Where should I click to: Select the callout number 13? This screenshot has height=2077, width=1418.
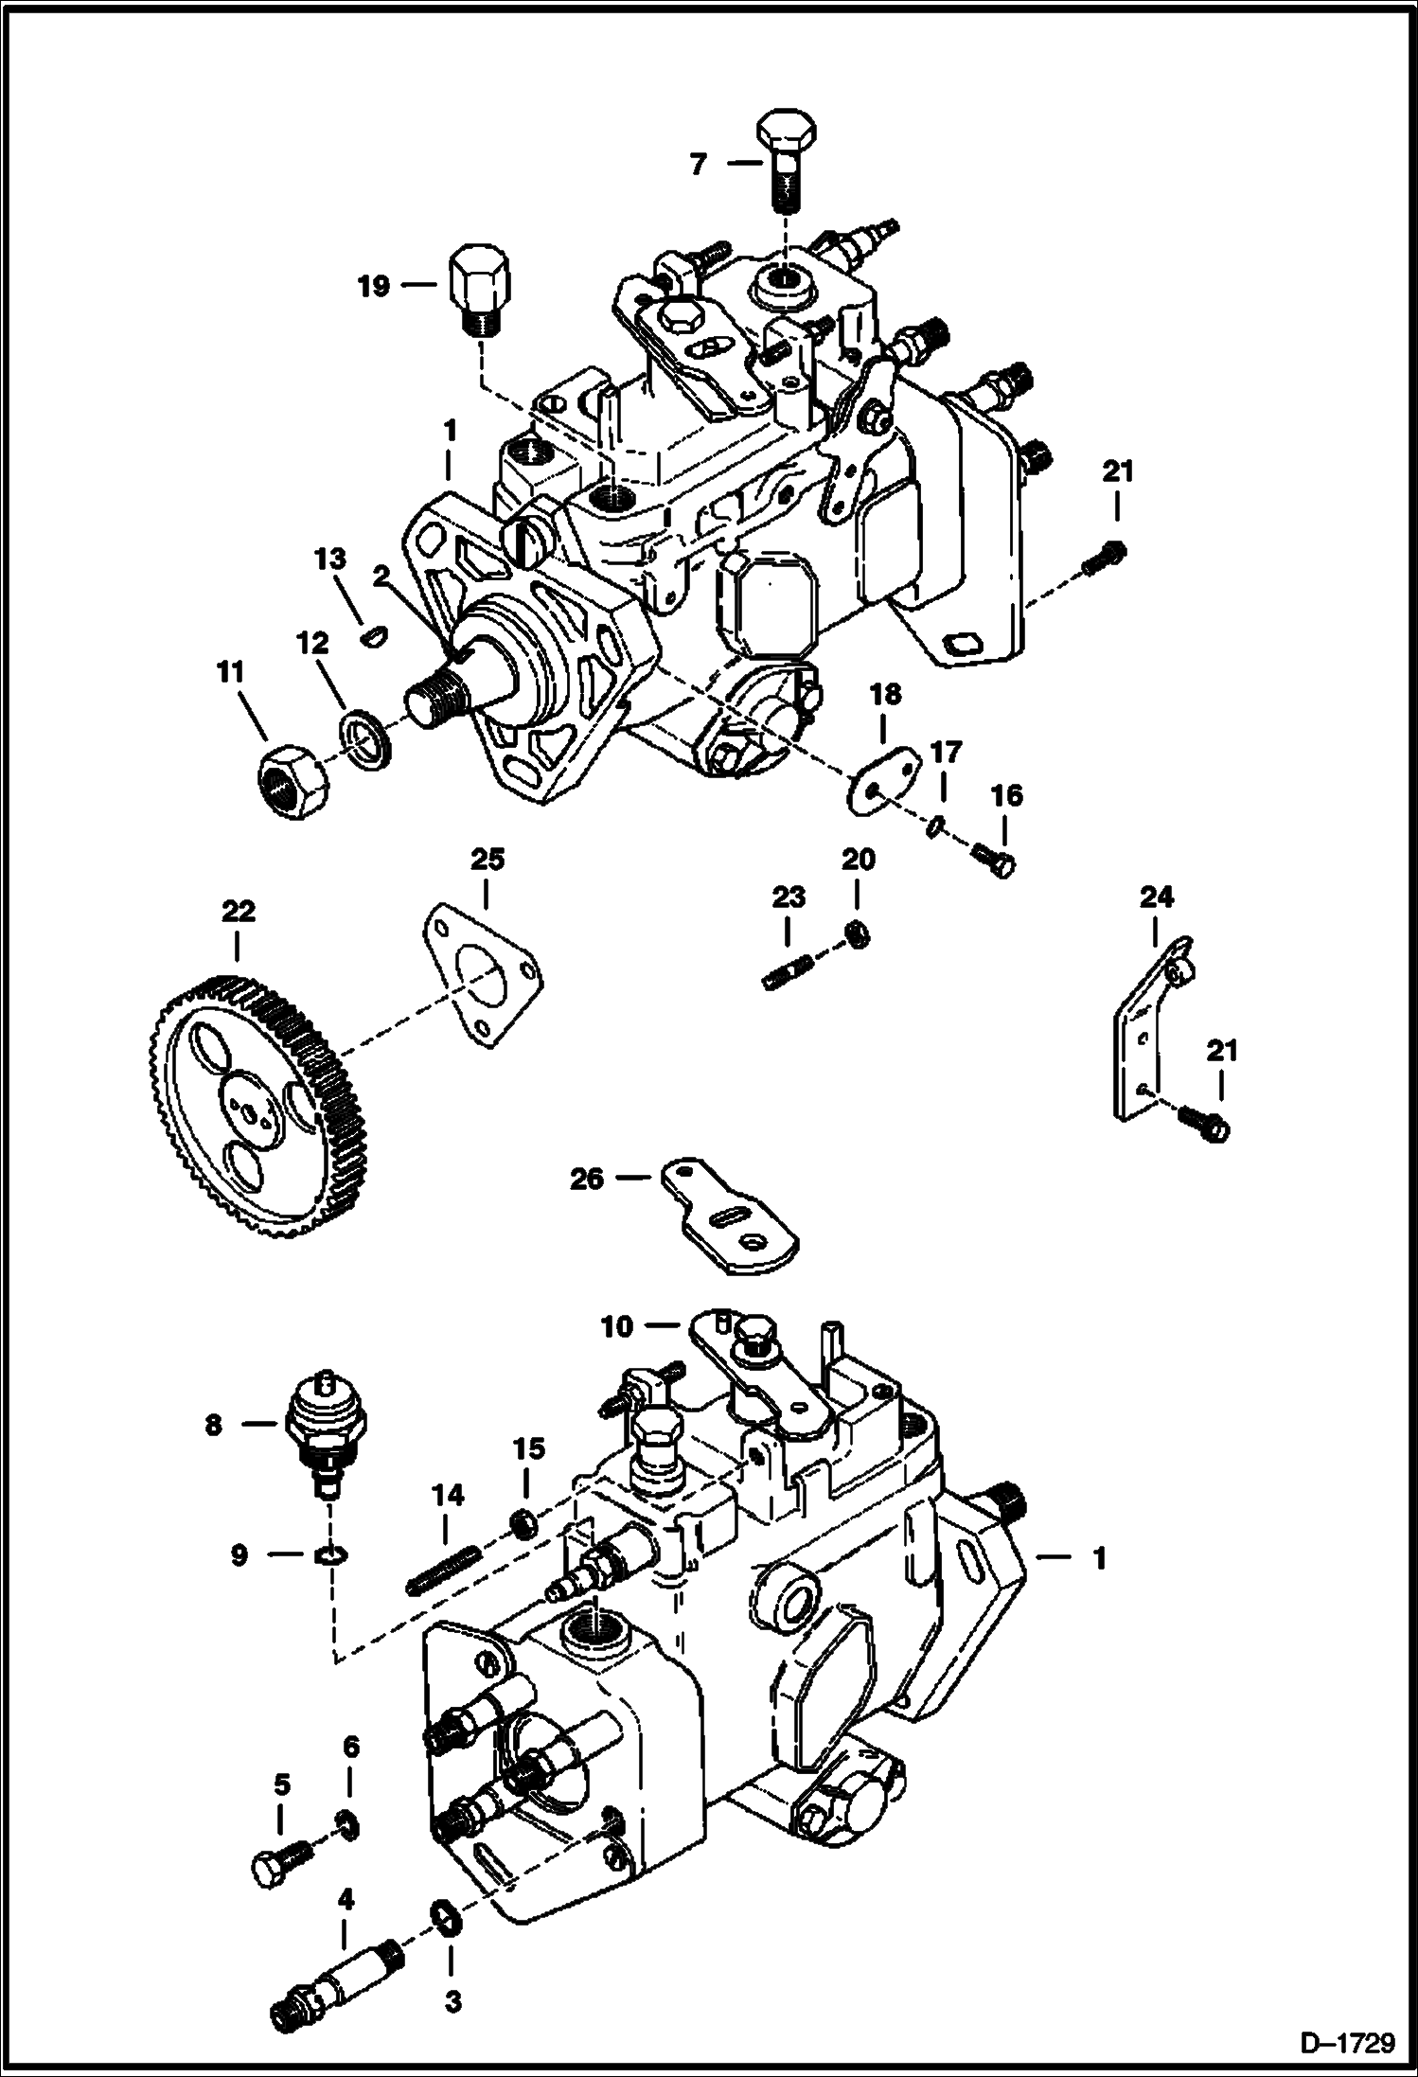tap(330, 559)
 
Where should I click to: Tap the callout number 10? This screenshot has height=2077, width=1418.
tap(615, 1327)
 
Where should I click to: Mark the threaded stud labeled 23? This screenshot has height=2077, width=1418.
tap(787, 972)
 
